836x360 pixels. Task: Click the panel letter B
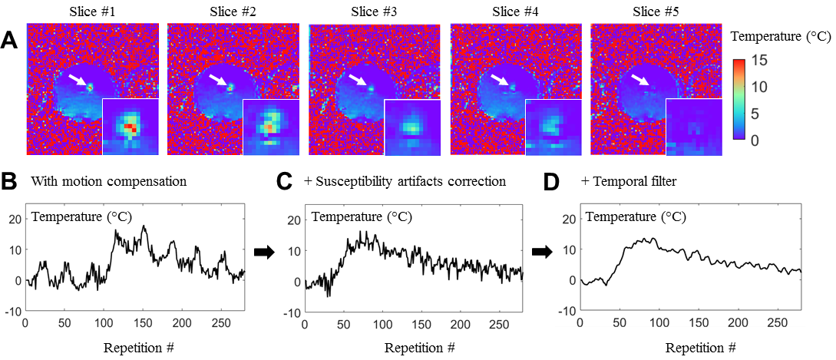(11, 183)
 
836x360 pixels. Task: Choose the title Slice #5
(656, 11)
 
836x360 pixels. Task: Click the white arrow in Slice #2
(220, 79)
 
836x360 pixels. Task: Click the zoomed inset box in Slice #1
(131, 127)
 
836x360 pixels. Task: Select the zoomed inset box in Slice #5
(694, 127)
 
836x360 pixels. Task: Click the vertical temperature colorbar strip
(739, 101)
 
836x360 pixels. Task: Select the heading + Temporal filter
(633, 183)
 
